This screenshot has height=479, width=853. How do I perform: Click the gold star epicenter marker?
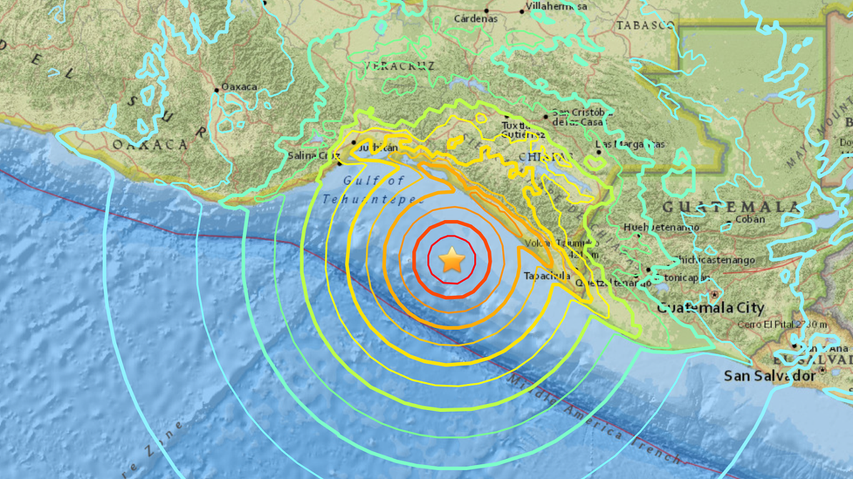(451, 260)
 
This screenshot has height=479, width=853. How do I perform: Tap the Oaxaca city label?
(239, 87)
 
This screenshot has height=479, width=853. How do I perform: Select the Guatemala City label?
(711, 307)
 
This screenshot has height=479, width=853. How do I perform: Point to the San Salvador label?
(769, 376)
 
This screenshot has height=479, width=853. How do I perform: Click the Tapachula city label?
(547, 276)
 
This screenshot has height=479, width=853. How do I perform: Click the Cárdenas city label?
(476, 19)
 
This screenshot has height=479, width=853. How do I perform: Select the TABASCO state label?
(645, 26)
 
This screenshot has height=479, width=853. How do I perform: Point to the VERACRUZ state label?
(400, 65)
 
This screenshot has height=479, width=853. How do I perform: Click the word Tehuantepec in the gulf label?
(373, 200)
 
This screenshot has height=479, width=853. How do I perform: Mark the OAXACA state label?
(150, 145)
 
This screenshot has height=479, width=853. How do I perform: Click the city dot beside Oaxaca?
(217, 90)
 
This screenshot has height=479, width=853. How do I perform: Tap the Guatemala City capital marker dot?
(714, 294)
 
